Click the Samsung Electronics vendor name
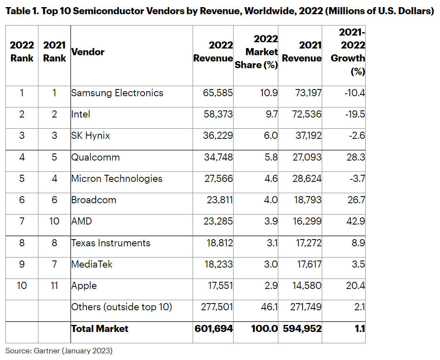pyautogui.click(x=117, y=93)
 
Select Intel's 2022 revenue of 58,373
pyautogui.click(x=218, y=114)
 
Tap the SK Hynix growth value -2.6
pyautogui.click(x=357, y=135)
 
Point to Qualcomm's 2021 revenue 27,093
pyautogui.click(x=307, y=157)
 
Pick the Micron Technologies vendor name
pyautogui.click(x=117, y=179)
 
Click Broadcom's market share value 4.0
pyautogui.click(x=271, y=200)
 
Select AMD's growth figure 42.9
pyautogui.click(x=356, y=221)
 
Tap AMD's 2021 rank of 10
pyautogui.click(x=54, y=221)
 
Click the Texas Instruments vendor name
pyautogui.click(x=111, y=243)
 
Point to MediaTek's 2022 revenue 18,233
pyautogui.click(x=219, y=264)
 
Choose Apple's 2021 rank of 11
pyautogui.click(x=54, y=286)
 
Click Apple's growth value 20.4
pyautogui.click(x=356, y=286)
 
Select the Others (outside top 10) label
pyautogui.click(x=122, y=307)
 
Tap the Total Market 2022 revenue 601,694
pyautogui.click(x=214, y=329)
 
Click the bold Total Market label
pyautogui.click(x=99, y=329)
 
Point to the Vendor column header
pyautogui.click(x=88, y=52)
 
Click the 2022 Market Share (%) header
pyautogui.click(x=256, y=52)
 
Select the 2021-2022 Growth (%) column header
pyautogui.click(x=348, y=52)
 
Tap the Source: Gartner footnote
pyautogui.click(x=59, y=351)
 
